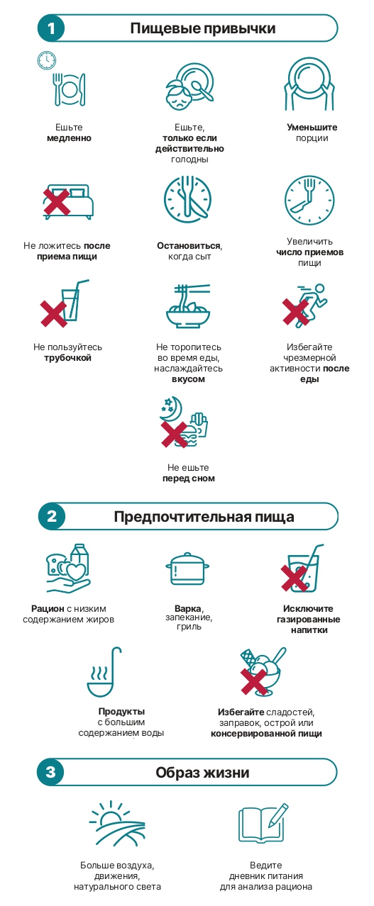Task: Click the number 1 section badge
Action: [x=51, y=28]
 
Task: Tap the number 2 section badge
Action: [x=52, y=517]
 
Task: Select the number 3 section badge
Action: [x=50, y=772]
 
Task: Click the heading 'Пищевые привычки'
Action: [x=203, y=28]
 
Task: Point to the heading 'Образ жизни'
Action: [x=202, y=773]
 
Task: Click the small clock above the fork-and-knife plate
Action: [x=47, y=60]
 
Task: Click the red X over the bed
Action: [x=57, y=201]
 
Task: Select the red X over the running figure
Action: [x=295, y=312]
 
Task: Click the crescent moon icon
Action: [x=172, y=408]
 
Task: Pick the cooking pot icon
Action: [x=187, y=569]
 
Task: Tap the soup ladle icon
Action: [x=104, y=672]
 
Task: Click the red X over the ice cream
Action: [x=254, y=681]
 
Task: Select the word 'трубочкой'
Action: [x=67, y=358]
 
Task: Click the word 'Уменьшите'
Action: [x=312, y=128]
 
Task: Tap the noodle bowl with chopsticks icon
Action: [x=188, y=306]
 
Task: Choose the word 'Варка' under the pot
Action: [x=188, y=609]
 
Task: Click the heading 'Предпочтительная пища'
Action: [x=204, y=517]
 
